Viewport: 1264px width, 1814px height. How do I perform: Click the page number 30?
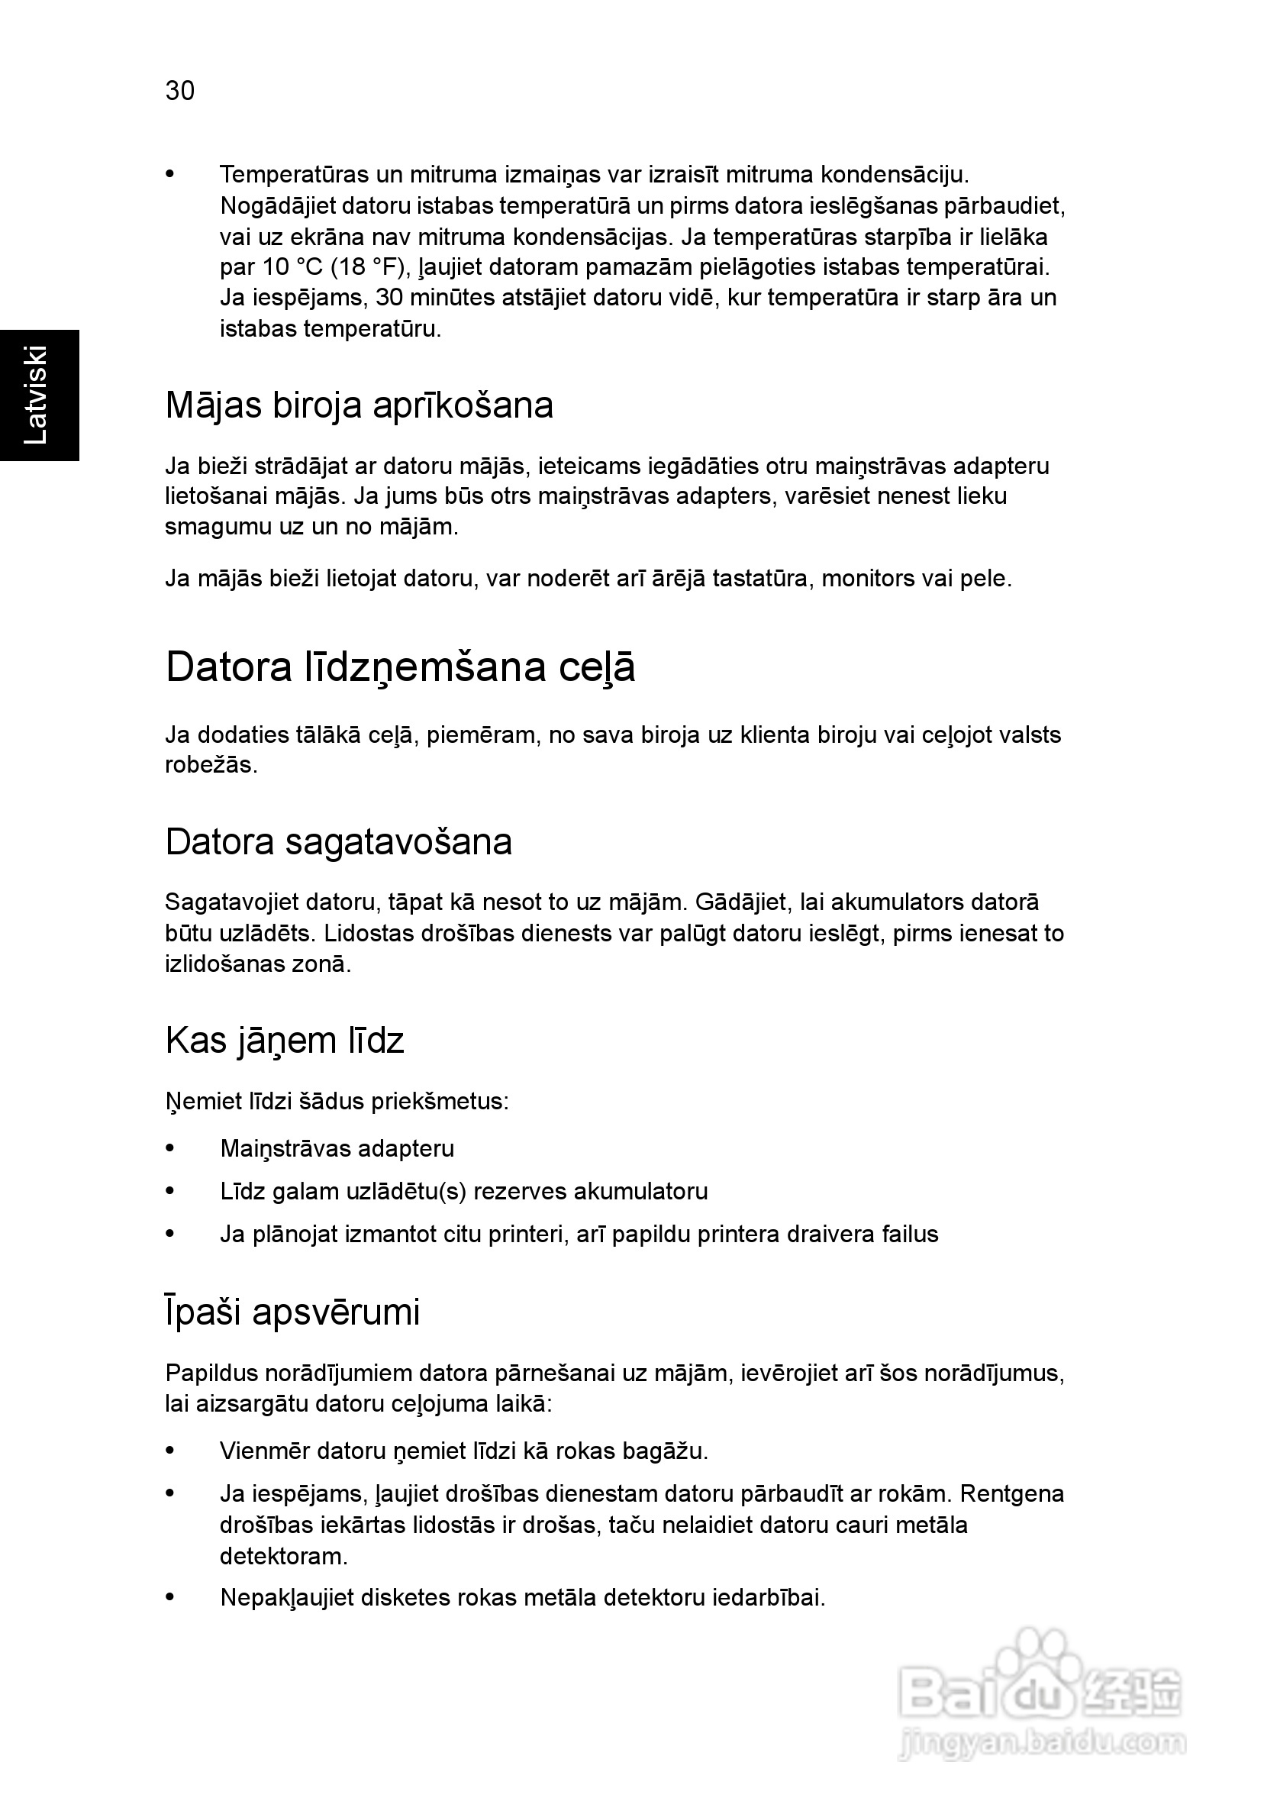tap(180, 91)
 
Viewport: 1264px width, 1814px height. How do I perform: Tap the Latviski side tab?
tap(37, 394)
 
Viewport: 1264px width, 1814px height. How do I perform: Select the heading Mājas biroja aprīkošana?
tap(359, 405)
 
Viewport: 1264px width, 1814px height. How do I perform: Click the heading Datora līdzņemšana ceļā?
tap(400, 667)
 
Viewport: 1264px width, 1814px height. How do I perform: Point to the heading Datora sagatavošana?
tap(338, 842)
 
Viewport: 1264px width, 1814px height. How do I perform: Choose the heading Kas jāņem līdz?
tap(285, 1041)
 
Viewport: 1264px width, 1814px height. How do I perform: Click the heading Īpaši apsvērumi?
tap(292, 1312)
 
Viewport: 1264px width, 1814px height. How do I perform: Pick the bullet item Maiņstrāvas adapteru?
tap(337, 1148)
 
